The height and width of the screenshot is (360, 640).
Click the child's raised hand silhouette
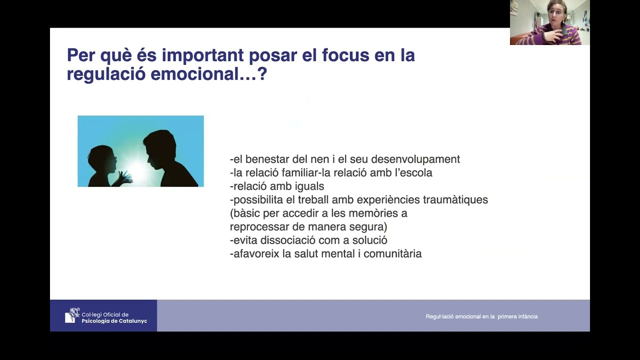[x=124, y=176]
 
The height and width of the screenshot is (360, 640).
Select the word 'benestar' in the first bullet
[x=271, y=159]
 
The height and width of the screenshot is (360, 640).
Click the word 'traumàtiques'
[x=455, y=200]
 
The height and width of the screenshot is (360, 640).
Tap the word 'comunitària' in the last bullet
[x=392, y=254]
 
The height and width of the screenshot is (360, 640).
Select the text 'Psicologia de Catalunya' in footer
[x=114, y=321]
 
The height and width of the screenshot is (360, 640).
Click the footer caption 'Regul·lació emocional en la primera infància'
[x=481, y=316]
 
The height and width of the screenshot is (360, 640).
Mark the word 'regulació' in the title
[x=105, y=74]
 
